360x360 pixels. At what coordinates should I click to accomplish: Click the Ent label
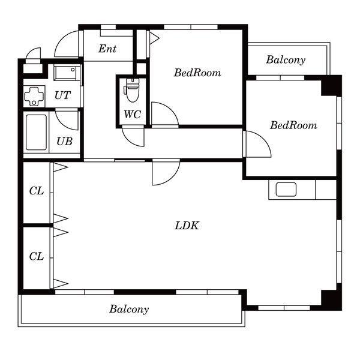coord(107,49)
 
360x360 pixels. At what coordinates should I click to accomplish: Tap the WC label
coord(132,114)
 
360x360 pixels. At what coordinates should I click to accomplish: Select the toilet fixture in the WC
coord(131,90)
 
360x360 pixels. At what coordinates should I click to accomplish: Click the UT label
coord(62,95)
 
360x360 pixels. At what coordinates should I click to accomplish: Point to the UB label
coord(65,141)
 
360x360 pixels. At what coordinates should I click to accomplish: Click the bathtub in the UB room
coord(36,133)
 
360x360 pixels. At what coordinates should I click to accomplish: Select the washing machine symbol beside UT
coord(34,97)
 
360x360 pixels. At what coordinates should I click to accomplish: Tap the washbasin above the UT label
coord(67,72)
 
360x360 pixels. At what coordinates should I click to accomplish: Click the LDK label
coord(187,226)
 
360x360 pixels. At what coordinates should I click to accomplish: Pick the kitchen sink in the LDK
coord(286,190)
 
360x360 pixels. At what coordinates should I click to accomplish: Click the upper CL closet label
coord(37,191)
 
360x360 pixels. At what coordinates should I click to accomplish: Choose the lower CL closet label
coord(37,256)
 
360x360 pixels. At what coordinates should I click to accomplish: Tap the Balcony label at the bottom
coord(129,309)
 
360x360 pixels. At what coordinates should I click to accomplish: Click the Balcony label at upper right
coord(286,60)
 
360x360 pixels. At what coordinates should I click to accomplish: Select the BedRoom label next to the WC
coord(197,73)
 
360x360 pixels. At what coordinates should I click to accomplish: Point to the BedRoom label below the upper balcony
coord(293,125)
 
